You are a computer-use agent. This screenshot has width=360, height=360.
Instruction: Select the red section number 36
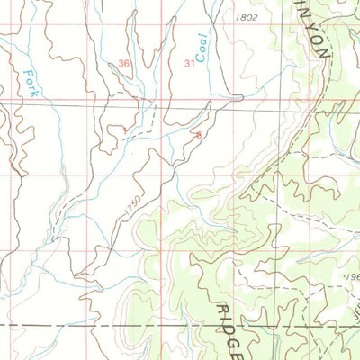(x=123, y=63)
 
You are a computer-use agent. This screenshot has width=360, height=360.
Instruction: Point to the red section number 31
(x=189, y=63)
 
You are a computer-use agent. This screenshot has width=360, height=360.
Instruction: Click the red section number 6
(x=198, y=134)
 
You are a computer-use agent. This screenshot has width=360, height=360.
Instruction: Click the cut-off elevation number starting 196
(x=351, y=278)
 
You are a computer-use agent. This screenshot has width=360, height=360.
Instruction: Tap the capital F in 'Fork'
(x=28, y=71)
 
